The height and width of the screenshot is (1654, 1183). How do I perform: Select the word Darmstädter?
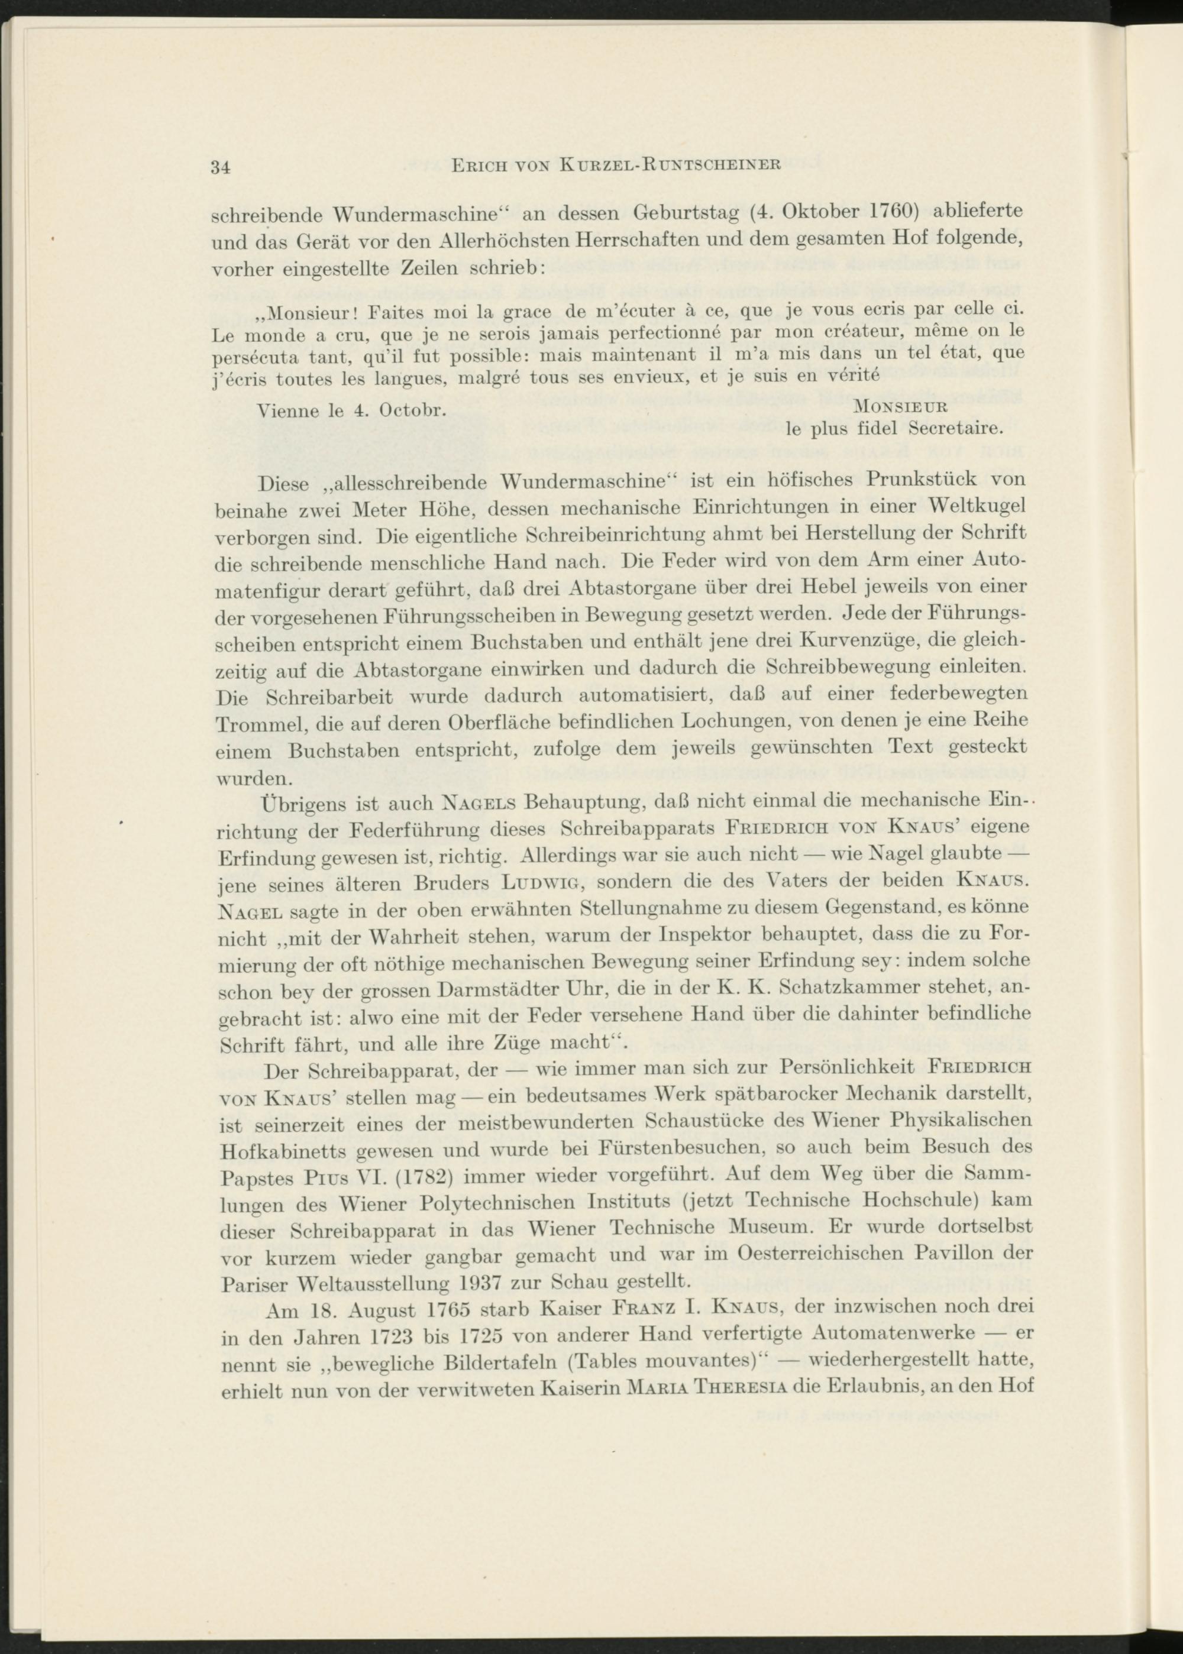pos(510,989)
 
